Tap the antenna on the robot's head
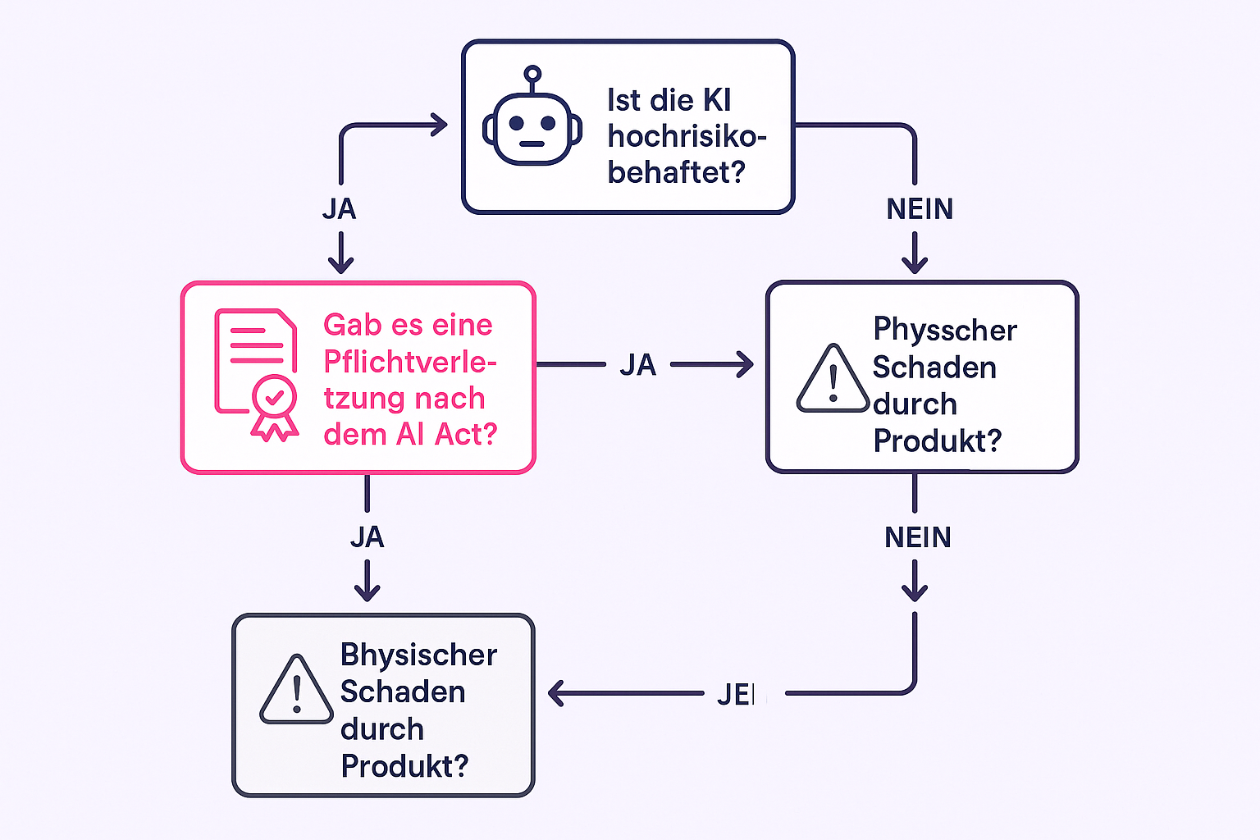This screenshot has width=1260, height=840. [x=532, y=76]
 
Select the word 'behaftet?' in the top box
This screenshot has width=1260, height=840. [x=676, y=172]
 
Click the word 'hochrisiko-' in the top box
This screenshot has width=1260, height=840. [x=687, y=136]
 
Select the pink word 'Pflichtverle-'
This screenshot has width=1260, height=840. [x=410, y=362]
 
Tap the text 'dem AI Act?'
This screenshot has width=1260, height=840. [x=410, y=434]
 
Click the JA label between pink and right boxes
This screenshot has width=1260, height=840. [x=637, y=365]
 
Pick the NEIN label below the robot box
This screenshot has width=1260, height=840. [x=920, y=209]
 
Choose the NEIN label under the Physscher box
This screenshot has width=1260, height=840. [x=917, y=537]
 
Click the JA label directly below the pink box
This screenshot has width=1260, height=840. [x=367, y=537]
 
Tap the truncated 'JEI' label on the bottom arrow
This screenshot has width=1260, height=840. [x=738, y=695]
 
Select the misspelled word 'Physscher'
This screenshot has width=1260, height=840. [x=945, y=330]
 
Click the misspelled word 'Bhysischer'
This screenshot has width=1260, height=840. [x=418, y=655]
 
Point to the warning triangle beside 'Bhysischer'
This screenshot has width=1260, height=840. [x=296, y=692]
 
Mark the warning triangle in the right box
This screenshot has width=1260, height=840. [x=833, y=379]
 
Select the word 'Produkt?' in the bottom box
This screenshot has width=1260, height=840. [x=404, y=766]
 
